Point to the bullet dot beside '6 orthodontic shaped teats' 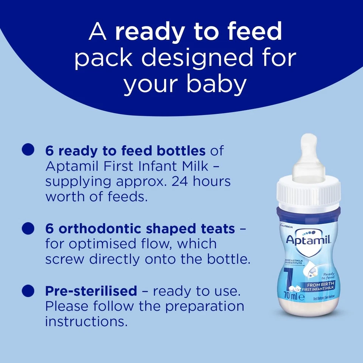pos(28,228)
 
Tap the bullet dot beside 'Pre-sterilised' pos(28,290)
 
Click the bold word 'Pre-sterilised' pos(91,291)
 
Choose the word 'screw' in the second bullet pos(65,259)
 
